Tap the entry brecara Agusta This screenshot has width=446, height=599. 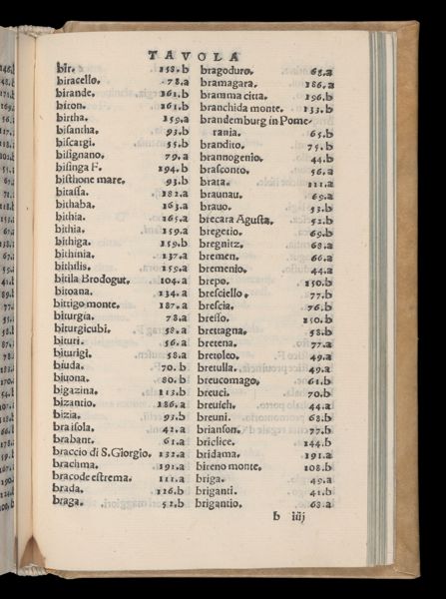(x=236, y=220)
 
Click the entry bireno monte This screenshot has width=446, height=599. (x=235, y=465)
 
